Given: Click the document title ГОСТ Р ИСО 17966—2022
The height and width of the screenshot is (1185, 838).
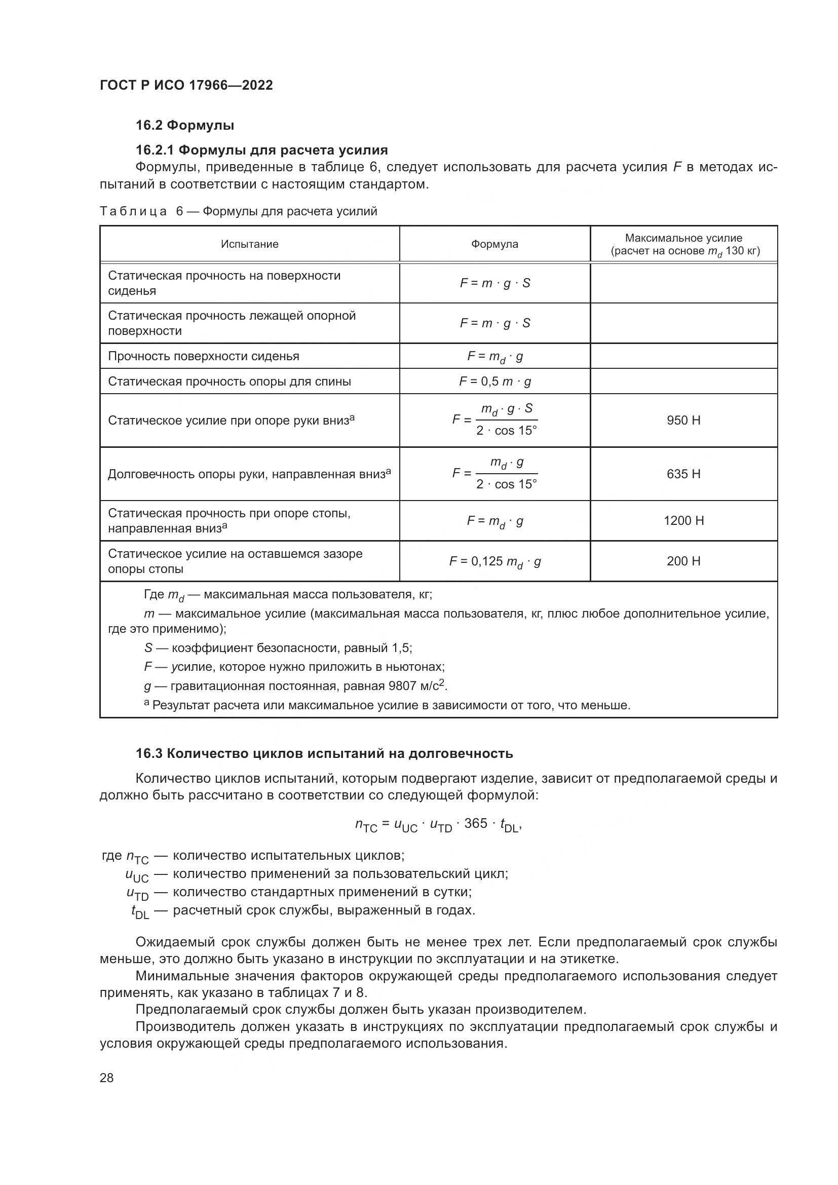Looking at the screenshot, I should (186, 86).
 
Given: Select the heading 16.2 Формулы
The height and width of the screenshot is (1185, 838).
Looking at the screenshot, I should (185, 126).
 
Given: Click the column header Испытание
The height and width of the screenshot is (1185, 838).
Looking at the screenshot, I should (250, 244).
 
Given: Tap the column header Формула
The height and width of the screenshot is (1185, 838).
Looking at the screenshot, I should (494, 244).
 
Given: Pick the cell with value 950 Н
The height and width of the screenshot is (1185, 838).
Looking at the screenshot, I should (683, 420).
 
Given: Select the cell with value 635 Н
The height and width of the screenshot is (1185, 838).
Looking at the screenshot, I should (683, 474).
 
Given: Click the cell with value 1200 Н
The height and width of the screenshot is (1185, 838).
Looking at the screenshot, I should (683, 520).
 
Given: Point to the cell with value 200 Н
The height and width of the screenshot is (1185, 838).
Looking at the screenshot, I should (683, 561).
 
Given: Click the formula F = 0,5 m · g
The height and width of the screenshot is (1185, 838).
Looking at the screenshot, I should (495, 381).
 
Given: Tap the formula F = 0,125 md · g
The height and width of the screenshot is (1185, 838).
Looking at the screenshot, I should (495, 561).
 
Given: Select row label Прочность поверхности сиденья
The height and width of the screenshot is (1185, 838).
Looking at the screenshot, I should (203, 356).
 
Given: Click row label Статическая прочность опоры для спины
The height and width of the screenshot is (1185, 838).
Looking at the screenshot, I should (229, 381).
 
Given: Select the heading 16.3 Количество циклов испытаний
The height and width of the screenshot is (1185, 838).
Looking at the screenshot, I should (324, 753).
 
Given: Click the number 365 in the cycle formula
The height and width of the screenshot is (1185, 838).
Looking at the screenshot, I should (475, 823).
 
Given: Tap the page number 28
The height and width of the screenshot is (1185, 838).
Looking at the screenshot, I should (106, 1078).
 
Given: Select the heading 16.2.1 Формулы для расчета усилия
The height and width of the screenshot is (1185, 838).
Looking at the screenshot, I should (261, 150).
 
